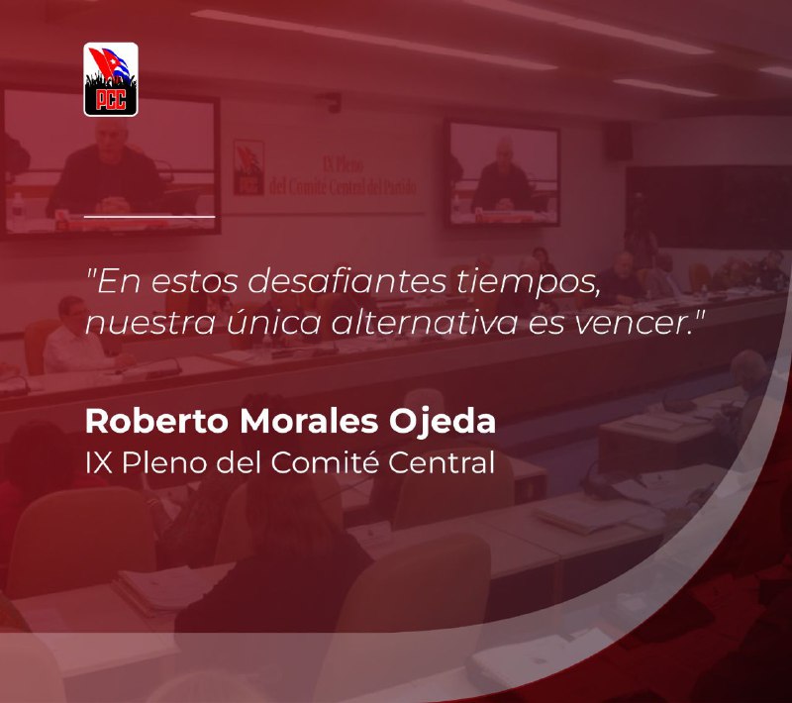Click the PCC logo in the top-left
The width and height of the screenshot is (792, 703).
pyautogui.click(x=111, y=79)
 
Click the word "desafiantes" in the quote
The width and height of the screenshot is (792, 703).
pyautogui.click(x=347, y=282)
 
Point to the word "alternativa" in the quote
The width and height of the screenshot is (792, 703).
pyautogui.click(x=425, y=322)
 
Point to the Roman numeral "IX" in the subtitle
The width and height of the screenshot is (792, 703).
pyautogui.click(x=99, y=462)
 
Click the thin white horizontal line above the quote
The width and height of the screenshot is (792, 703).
pyautogui.click(x=149, y=216)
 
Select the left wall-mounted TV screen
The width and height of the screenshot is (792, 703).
pyautogui.click(x=110, y=161)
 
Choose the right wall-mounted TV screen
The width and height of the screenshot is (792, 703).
pyautogui.click(x=502, y=173)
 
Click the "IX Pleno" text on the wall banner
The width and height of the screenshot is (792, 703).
pyautogui.click(x=343, y=164)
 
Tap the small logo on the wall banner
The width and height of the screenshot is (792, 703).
pyautogui.click(x=248, y=167)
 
